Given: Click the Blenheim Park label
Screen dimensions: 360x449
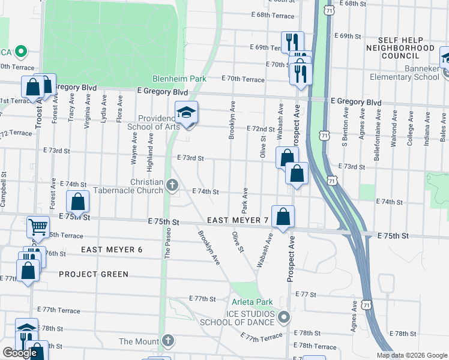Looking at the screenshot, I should pos(179,79).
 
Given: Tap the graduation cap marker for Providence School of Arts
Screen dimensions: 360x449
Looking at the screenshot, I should pos(187,112).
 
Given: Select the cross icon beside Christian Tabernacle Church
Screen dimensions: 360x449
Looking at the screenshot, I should pos(173,186).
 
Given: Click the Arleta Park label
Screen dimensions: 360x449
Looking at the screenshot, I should pos(252,302).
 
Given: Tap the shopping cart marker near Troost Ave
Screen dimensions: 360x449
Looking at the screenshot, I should pos(38,227).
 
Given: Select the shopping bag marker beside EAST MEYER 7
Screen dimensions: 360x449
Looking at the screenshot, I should pos(283,217).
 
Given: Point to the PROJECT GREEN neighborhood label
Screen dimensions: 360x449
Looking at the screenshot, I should pos(94,274).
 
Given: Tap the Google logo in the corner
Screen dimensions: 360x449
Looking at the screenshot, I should pos(20,353).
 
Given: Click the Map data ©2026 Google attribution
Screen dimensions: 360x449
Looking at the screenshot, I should pos(412,355).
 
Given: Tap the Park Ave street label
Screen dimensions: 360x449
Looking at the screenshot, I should pos(245,201).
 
